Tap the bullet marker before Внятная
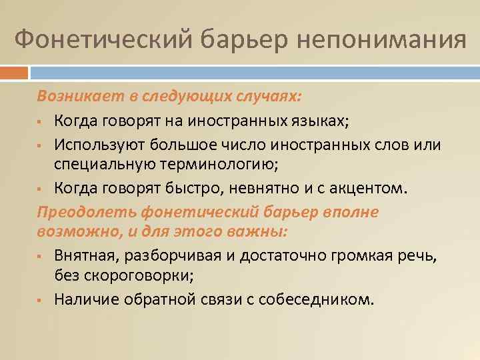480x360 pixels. coord(41,255)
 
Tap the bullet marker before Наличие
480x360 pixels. coord(41,299)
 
